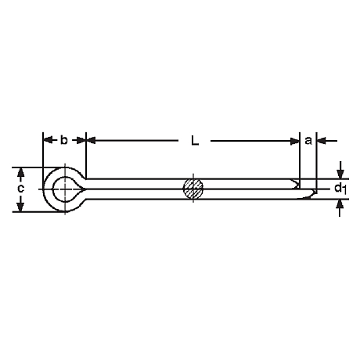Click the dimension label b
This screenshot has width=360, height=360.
[64, 140]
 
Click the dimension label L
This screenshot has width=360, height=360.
[195, 141]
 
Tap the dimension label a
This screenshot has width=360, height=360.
[308, 141]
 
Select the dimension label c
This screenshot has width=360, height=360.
[20, 189]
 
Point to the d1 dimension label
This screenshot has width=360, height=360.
[340, 189]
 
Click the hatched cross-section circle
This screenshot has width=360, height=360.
[193, 189]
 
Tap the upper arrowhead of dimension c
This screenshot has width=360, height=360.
[20, 173]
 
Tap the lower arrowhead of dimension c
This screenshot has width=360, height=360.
[20, 206]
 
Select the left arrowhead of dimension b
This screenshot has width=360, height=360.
[48, 140]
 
